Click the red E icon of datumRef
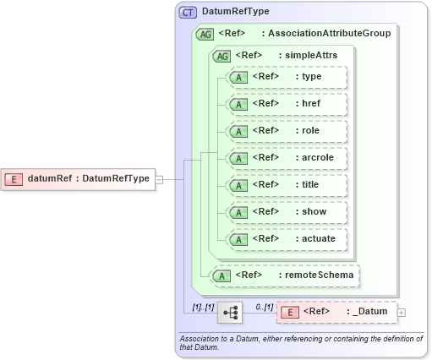(x=14, y=178)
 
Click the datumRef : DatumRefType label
(x=89, y=178)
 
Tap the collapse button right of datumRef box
(x=159, y=178)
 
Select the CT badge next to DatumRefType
(x=188, y=13)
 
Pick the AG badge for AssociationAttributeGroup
(x=204, y=35)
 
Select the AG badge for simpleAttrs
(x=221, y=56)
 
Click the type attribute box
(x=287, y=77)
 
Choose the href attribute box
(x=287, y=104)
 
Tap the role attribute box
(x=287, y=131)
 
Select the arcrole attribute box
(x=287, y=158)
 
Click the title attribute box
(x=287, y=185)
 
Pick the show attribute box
(x=287, y=212)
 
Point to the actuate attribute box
(x=287, y=239)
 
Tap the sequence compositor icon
(x=230, y=312)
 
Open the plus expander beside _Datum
(x=402, y=313)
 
